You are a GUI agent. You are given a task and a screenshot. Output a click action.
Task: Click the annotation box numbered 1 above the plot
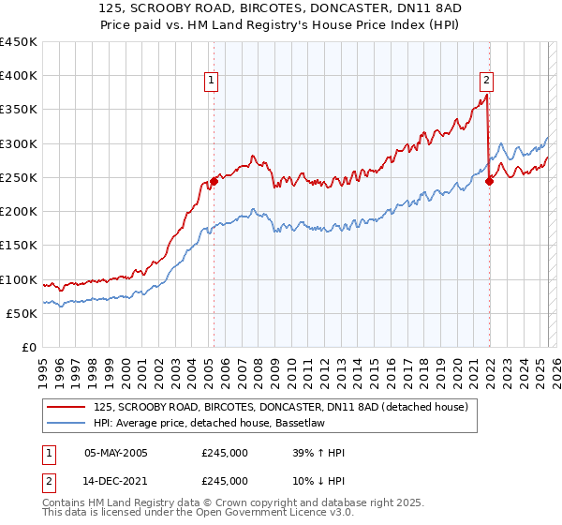click(x=213, y=82)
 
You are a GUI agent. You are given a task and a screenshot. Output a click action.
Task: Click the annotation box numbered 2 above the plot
click(x=488, y=82)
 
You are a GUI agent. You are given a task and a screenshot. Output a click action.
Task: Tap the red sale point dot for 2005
click(x=214, y=181)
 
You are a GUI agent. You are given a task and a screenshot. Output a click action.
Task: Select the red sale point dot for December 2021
click(x=489, y=181)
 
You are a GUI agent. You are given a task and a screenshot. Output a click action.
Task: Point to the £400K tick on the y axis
click(x=19, y=76)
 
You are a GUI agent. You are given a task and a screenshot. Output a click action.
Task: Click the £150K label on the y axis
click(x=19, y=246)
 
